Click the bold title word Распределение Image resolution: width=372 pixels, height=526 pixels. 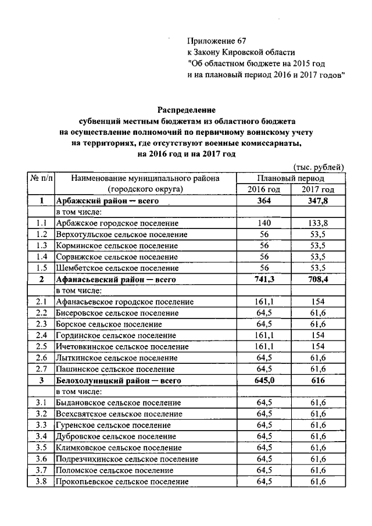tap(186, 109)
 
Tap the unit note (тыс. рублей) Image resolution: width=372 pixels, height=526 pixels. tap(319, 167)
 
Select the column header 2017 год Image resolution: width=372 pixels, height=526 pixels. tap(318, 189)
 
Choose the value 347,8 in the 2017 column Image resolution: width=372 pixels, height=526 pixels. tap(318, 201)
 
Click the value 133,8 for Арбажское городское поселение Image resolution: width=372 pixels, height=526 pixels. tap(318, 223)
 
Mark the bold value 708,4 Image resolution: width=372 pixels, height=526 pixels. tap(318, 280)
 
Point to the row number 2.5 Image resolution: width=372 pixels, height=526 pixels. tap(41, 346)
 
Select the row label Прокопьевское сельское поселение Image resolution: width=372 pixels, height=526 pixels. tap(122, 482)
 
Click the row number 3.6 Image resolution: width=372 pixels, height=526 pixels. tap(41, 459)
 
